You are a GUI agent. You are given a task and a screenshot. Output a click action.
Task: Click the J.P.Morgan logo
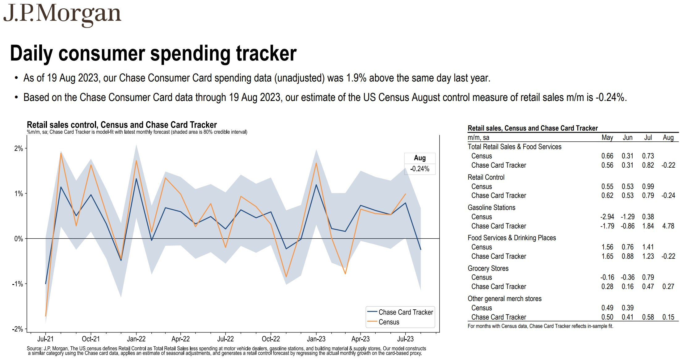pyautogui.click(x=62, y=15)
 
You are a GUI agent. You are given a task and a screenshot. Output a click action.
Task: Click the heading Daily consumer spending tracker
pyautogui.click(x=153, y=53)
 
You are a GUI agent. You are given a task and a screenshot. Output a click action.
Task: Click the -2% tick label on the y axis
pyautogui.click(x=17, y=329)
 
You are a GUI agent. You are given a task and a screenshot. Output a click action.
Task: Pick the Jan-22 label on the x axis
pyautogui.click(x=136, y=339)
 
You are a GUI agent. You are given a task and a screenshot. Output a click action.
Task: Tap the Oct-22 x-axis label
pyautogui.click(x=271, y=339)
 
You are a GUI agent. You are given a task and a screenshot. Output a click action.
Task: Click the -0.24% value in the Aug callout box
pyautogui.click(x=420, y=169)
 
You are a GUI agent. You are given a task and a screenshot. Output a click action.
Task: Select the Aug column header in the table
pyautogui.click(x=668, y=138)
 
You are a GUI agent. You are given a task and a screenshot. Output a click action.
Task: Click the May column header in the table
pyautogui.click(x=607, y=138)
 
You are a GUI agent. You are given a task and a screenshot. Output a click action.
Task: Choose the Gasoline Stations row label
pyautogui.click(x=491, y=207)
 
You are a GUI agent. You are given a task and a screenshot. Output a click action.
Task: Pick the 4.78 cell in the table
pyautogui.click(x=668, y=226)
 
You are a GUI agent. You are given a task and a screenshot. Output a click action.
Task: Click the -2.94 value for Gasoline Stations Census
pyautogui.click(x=607, y=217)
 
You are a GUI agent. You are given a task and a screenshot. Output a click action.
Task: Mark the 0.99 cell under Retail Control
pyautogui.click(x=648, y=186)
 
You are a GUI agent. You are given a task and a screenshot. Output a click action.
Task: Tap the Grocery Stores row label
pyautogui.click(x=488, y=268)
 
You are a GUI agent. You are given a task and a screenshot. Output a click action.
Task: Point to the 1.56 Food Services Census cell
pyautogui.click(x=607, y=247)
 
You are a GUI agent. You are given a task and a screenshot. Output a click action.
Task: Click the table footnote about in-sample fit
pyautogui.click(x=540, y=326)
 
